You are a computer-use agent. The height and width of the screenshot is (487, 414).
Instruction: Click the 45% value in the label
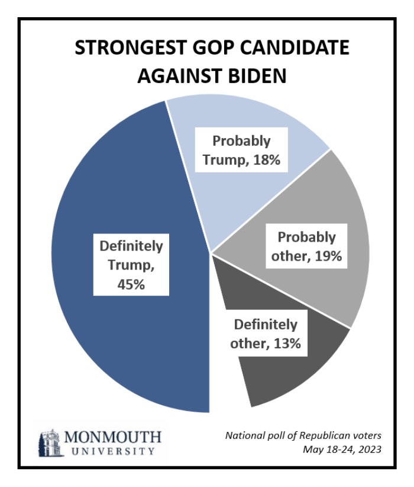pyautogui.click(x=131, y=284)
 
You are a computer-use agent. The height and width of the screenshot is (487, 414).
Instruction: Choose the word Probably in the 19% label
pyautogui.click(x=307, y=238)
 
